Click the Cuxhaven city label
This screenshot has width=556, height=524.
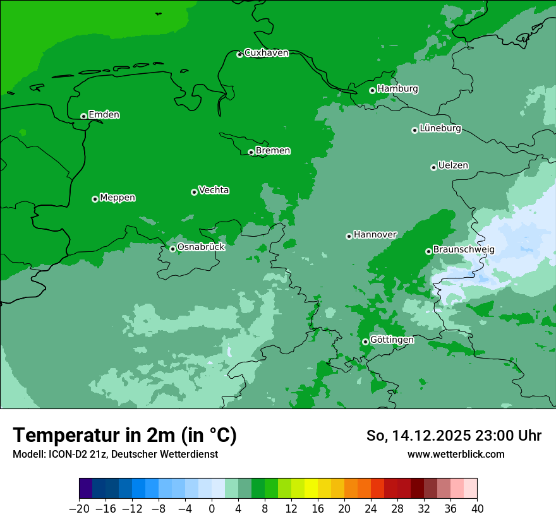[266, 53]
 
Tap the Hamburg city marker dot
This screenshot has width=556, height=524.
[372, 90]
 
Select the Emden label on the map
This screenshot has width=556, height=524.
[104, 115]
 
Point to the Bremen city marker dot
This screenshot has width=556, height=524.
[251, 152]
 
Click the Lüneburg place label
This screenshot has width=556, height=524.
[440, 129]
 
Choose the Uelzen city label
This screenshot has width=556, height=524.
[453, 166]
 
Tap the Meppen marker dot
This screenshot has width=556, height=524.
[95, 199]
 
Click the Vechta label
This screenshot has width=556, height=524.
[214, 190]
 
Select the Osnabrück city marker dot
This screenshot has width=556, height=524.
[172, 249]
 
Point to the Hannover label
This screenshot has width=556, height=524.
[375, 235]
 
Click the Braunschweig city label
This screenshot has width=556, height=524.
[464, 250]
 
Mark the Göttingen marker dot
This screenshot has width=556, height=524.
[365, 342]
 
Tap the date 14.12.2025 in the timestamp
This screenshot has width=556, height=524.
[433, 436]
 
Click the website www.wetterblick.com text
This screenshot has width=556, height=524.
[456, 454]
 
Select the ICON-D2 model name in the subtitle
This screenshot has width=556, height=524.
[65, 455]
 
